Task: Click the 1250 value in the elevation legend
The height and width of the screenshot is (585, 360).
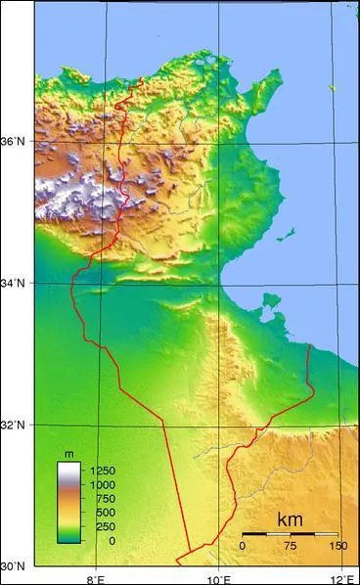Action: [102, 471]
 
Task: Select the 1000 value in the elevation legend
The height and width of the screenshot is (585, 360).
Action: [102, 484]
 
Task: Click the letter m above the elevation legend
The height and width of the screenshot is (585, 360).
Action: [68, 455]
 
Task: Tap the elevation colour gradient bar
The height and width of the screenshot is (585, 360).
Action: [68, 501]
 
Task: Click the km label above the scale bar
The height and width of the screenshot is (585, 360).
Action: [290, 518]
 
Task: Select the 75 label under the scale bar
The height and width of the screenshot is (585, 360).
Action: [291, 545]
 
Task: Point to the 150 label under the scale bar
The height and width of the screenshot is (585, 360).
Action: [337, 545]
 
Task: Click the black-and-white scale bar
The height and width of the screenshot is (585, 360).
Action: [290, 533]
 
